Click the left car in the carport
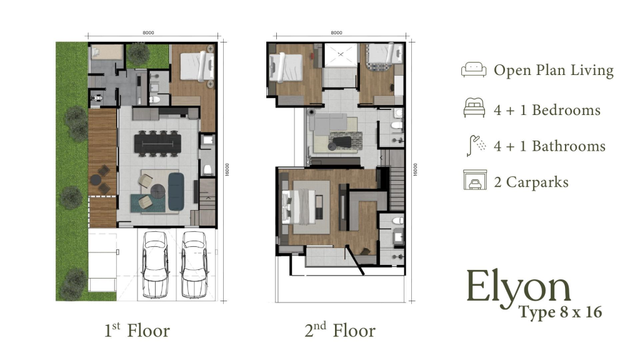154,264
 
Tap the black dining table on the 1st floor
156,144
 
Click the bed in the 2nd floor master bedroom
300,207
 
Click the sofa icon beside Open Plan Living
474,70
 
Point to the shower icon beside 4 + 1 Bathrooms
474,145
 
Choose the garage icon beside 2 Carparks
474,181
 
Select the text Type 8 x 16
560,312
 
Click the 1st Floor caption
137,330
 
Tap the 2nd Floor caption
340,330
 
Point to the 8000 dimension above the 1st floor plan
148,32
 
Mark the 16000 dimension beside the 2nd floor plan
414,169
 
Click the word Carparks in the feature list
537,182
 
